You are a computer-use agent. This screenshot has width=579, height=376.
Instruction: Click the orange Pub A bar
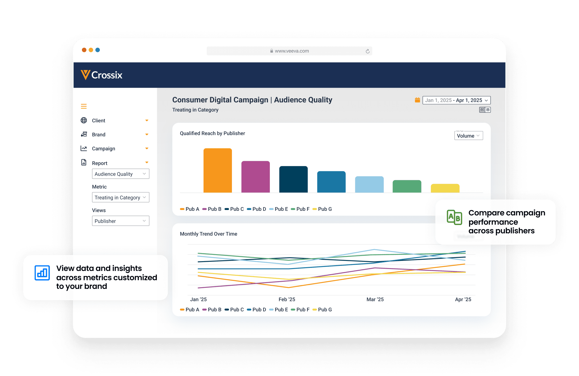pos(218,170)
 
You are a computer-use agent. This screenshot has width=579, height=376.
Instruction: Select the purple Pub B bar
pos(255,177)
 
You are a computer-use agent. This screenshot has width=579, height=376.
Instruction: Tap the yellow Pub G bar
pos(445,188)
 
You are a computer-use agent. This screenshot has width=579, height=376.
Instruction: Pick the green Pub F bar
pos(407,186)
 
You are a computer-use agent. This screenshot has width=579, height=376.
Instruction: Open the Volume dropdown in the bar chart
pos(468,136)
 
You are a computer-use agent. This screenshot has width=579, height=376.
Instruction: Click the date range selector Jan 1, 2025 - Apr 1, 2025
pos(456,100)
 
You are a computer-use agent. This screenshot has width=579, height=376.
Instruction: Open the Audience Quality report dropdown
pos(120,174)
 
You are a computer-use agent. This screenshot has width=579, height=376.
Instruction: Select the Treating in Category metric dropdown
pos(120,198)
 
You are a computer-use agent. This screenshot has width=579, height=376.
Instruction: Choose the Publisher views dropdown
pos(120,221)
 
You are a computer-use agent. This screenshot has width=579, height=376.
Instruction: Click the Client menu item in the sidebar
pos(99,121)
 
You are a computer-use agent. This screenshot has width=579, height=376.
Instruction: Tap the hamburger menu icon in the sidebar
pos(84,106)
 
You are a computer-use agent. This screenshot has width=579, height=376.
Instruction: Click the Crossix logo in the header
pos(102,75)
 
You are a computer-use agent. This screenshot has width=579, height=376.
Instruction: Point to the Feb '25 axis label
pos(287,299)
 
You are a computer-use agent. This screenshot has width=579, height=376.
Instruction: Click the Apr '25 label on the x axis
pos(463,299)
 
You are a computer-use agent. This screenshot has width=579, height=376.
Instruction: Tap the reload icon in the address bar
pos(367,51)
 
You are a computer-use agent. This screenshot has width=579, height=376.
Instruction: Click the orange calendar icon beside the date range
pos(417,100)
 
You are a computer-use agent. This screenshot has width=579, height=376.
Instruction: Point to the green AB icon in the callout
pos(454,217)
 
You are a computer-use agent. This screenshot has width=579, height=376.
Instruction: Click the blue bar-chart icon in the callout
pos(42,273)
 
